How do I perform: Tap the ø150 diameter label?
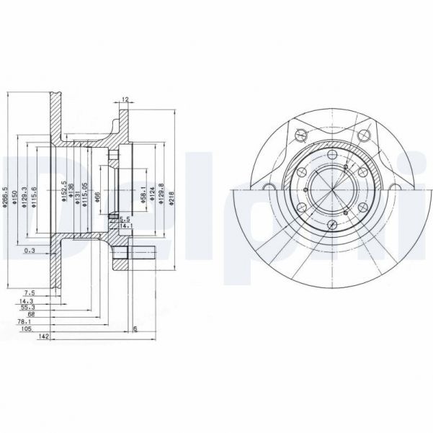tap(14, 192)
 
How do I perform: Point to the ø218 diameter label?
tap(171, 193)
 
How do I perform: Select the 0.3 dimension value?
tap(29, 250)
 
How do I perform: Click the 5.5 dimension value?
tap(124, 218)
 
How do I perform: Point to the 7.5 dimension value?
tap(30, 293)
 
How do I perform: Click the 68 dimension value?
tap(31, 314)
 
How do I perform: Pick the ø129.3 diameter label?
tap(24, 193)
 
